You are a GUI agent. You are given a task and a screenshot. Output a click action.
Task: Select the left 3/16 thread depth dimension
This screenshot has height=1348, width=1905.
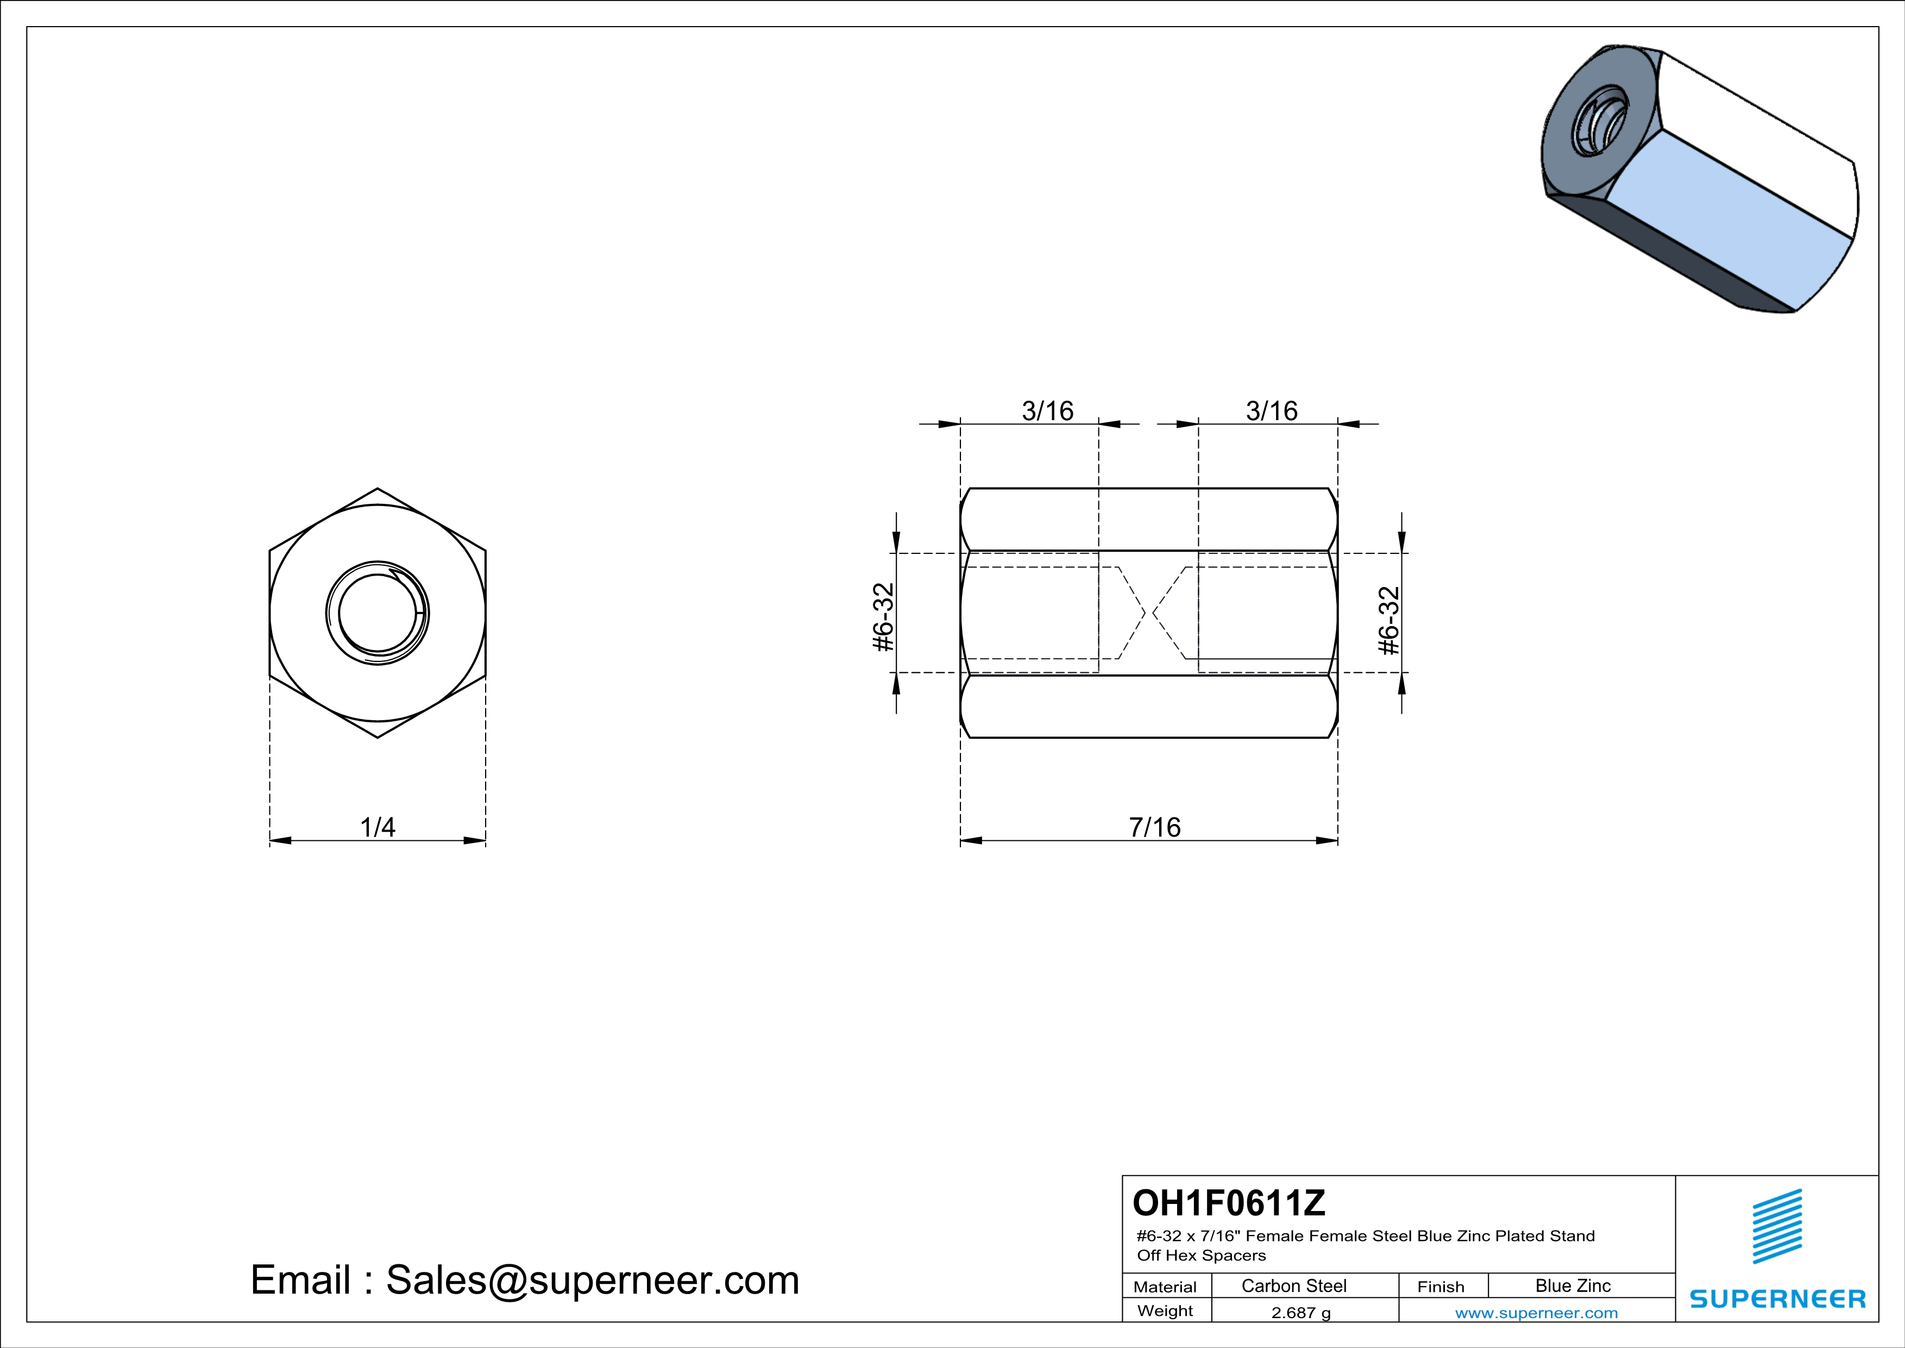click(x=1048, y=411)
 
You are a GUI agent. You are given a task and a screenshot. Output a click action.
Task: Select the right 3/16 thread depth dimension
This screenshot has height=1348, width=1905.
click(x=1272, y=411)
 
